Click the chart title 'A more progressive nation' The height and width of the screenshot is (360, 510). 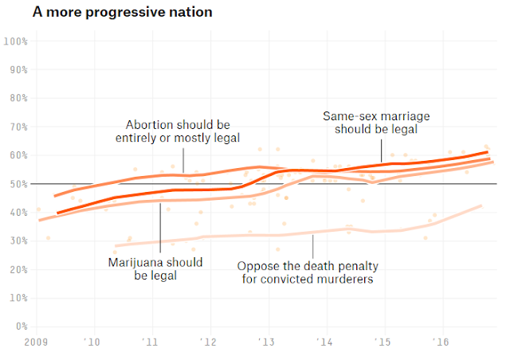[x=122, y=13]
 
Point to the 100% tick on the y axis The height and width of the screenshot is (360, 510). [x=16, y=41]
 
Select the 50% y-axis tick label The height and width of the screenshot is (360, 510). [x=19, y=184]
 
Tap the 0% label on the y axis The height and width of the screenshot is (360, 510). [x=22, y=327]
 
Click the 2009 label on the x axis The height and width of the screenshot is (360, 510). [x=36, y=342]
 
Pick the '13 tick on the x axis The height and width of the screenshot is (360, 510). [x=266, y=342]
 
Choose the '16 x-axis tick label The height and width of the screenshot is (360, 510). [x=441, y=342]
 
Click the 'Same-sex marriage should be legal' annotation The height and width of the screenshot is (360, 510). [x=376, y=123]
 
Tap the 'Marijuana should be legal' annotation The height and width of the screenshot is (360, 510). [x=155, y=269]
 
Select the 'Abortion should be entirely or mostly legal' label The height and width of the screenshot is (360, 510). [x=178, y=131]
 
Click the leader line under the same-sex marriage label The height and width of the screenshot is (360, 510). [x=381, y=151]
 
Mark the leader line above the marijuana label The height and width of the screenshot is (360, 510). [x=160, y=228]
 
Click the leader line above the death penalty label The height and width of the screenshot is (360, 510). [x=313, y=246]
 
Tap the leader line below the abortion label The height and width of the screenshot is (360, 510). [x=183, y=160]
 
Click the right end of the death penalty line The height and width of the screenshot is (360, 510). [x=481, y=205]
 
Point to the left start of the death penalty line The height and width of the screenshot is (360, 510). [x=116, y=246]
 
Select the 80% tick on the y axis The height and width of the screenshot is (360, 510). [x=19, y=98]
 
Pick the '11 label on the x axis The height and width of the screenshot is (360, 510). [x=150, y=342]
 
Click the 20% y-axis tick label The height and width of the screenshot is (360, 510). [x=19, y=269]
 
